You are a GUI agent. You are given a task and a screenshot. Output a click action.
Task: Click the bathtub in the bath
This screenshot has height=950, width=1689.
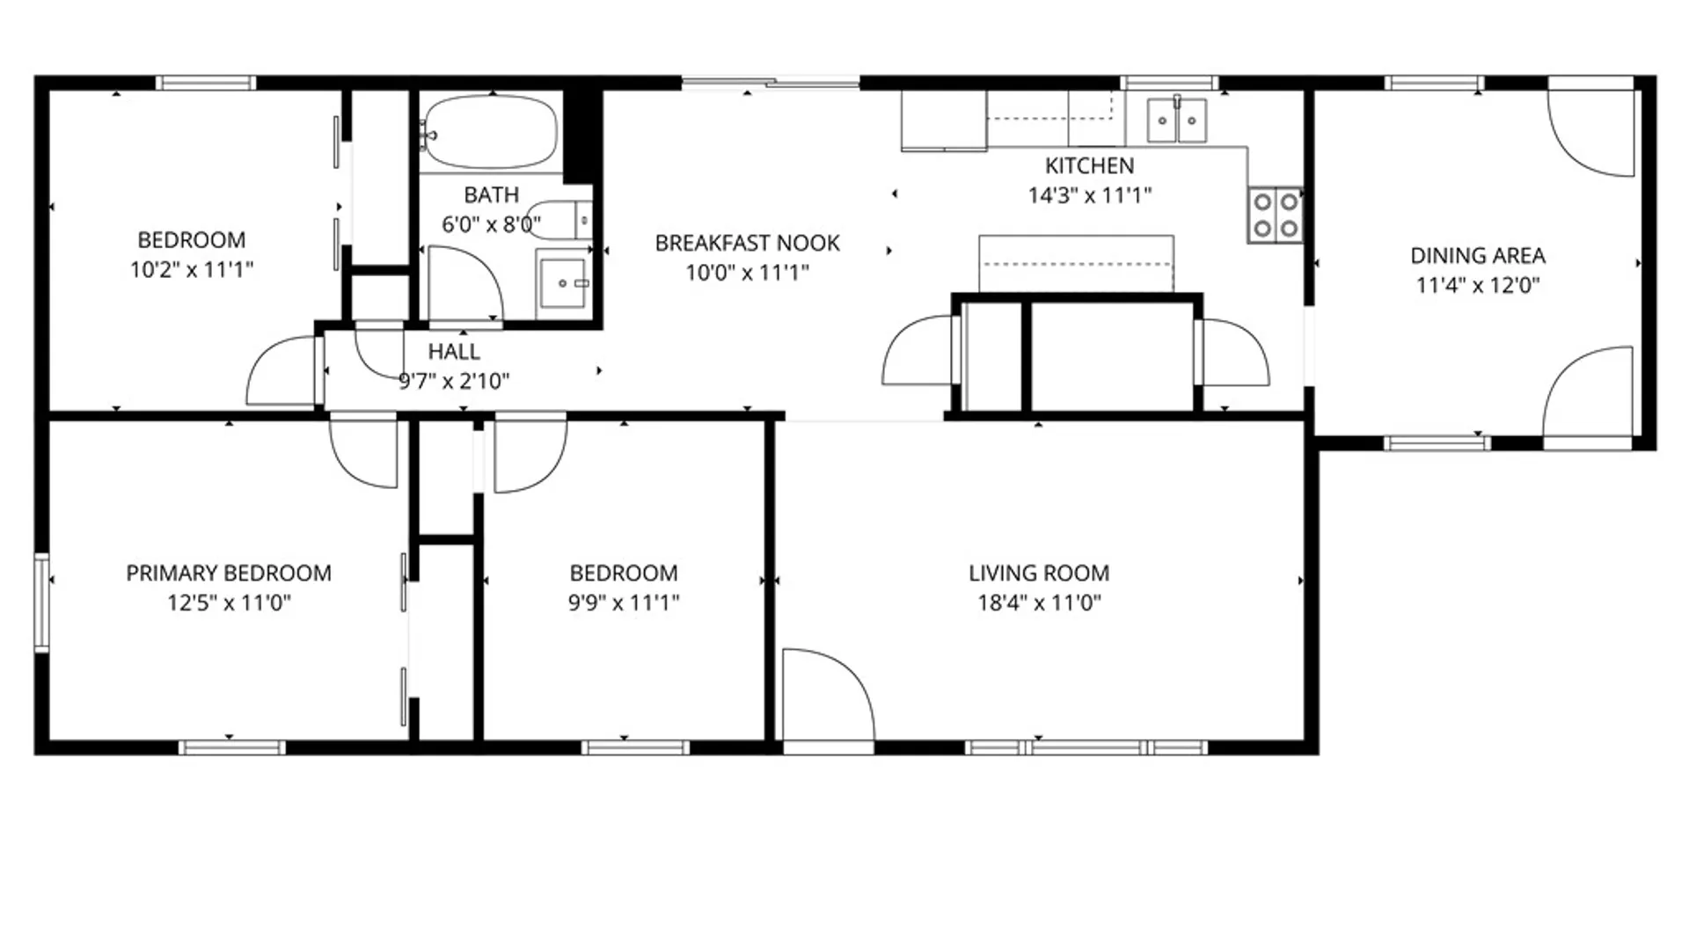pyautogui.click(x=489, y=132)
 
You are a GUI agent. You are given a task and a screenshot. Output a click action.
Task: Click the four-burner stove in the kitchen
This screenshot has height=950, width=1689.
pyautogui.click(x=1276, y=215)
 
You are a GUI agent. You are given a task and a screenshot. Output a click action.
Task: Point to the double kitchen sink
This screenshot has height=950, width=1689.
pyautogui.click(x=1177, y=120)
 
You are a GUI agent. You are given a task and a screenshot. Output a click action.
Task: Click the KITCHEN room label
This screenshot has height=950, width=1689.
pyautogui.click(x=1089, y=165)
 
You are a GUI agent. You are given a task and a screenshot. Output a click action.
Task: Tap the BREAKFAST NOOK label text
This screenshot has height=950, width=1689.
pyautogui.click(x=747, y=243)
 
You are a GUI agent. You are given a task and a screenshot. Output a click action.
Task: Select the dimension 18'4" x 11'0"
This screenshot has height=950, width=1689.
pyautogui.click(x=1039, y=603)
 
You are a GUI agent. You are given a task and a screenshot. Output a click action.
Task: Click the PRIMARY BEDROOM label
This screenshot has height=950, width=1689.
pyautogui.click(x=229, y=574)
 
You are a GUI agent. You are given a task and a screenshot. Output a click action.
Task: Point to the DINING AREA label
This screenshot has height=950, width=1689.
pyautogui.click(x=1478, y=256)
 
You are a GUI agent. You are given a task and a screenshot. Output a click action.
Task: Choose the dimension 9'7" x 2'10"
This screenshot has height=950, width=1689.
pyautogui.click(x=454, y=381)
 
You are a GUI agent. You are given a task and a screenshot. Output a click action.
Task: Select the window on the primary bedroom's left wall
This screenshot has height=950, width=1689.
pyautogui.click(x=41, y=603)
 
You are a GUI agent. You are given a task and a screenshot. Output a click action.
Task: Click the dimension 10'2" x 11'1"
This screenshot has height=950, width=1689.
pyautogui.click(x=192, y=269)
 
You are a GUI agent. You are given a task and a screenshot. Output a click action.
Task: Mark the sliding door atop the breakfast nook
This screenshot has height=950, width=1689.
pyautogui.click(x=771, y=84)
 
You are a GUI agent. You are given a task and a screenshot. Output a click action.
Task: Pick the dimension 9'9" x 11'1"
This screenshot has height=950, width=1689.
pyautogui.click(x=624, y=603)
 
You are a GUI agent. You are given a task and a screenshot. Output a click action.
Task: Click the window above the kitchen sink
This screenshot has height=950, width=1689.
pyautogui.click(x=1169, y=84)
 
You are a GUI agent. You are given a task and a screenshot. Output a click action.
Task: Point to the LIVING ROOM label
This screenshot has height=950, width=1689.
pyautogui.click(x=1039, y=574)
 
